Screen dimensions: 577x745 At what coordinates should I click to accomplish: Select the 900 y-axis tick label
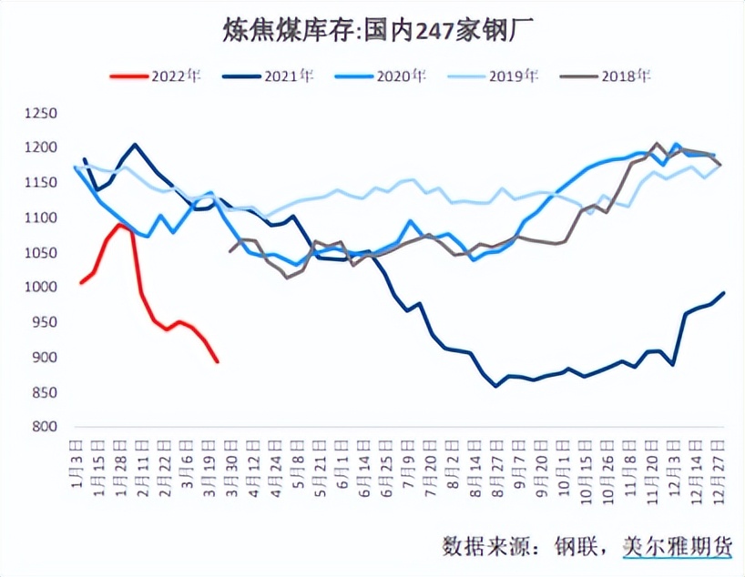point(44,358)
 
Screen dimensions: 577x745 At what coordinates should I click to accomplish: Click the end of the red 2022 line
point(218,361)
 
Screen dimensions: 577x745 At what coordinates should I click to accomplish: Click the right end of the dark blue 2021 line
point(724,292)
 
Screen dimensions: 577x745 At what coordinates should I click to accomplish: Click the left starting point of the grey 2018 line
point(229,251)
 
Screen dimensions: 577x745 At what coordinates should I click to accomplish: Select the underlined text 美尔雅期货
point(677,546)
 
